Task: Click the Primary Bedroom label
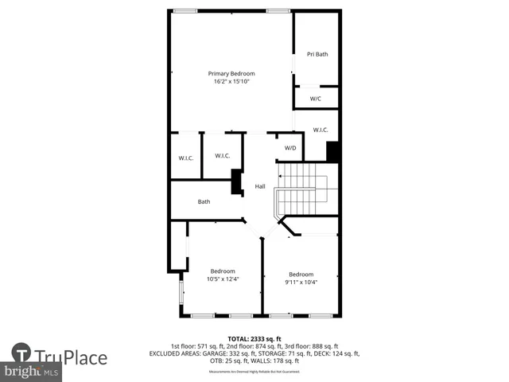coord(231,73)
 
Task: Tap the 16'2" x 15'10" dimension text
coord(231,81)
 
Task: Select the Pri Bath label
coord(317,54)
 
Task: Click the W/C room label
coord(315,99)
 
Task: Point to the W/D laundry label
coord(290,147)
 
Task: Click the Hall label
coord(260,186)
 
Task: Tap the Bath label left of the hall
coord(204,201)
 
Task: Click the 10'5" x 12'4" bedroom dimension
coord(223,279)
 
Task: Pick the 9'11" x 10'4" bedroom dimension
coord(301,282)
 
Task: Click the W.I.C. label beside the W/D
coord(321,130)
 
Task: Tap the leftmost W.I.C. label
coord(185,158)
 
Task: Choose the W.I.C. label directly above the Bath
coord(223,156)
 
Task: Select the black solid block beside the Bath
coord(236,182)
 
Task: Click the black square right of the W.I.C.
coord(333,151)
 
